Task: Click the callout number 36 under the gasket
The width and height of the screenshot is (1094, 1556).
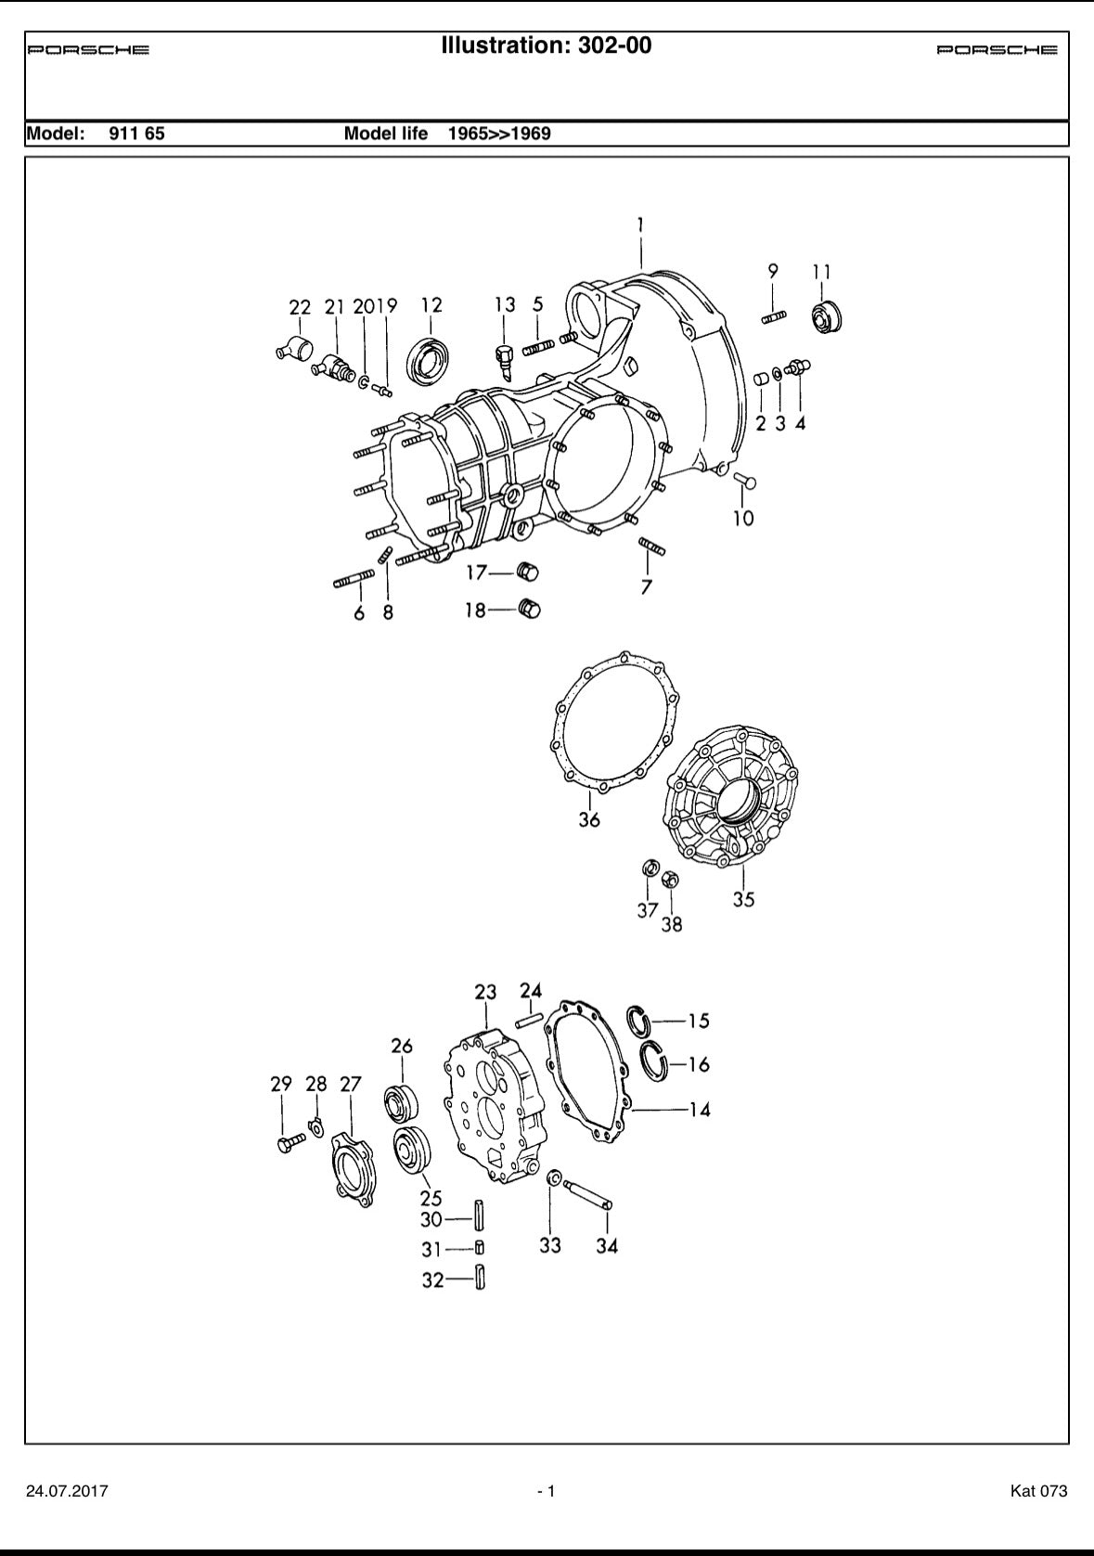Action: pyautogui.click(x=589, y=819)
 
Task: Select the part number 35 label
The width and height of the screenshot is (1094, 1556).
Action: pyautogui.click(x=743, y=900)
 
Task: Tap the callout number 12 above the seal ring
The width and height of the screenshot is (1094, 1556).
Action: pyautogui.click(x=431, y=305)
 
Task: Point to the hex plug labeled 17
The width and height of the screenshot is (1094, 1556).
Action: pyautogui.click(x=528, y=573)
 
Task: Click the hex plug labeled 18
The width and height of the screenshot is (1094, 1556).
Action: pyautogui.click(x=529, y=609)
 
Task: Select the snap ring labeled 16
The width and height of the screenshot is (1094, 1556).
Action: pyautogui.click(x=653, y=1062)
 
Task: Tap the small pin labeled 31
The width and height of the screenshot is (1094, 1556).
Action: pyautogui.click(x=479, y=1248)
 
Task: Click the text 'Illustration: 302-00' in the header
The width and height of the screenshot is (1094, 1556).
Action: pyautogui.click(x=547, y=45)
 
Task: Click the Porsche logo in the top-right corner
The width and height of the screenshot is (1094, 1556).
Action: pyautogui.click(x=997, y=49)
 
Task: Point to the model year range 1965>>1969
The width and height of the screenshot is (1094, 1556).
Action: pyautogui.click(x=499, y=134)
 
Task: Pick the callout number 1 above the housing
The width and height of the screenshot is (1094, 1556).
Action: pyautogui.click(x=640, y=225)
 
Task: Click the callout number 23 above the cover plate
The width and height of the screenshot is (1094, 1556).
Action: pyautogui.click(x=485, y=992)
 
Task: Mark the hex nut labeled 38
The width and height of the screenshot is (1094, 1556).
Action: pyautogui.click(x=670, y=880)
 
